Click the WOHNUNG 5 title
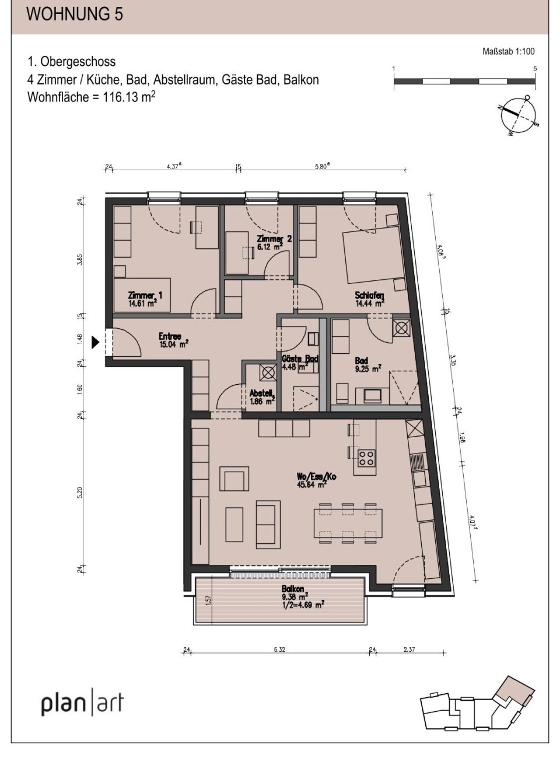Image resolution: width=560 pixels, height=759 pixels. coord(75,15)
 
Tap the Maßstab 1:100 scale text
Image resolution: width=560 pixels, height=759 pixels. coord(505,51)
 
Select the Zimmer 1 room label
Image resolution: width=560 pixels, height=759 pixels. coord(145,296)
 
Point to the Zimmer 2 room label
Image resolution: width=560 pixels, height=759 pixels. coord(274,239)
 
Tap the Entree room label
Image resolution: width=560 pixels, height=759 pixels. coord(170,336)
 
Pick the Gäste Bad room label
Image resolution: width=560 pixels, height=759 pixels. coord(299,359)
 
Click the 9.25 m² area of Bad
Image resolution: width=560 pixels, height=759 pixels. coord(368,368)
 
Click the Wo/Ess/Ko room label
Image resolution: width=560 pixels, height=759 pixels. coord(316,476)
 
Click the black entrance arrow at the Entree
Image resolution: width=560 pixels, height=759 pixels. coord(96,343)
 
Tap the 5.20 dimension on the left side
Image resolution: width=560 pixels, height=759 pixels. coord(81,493)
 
